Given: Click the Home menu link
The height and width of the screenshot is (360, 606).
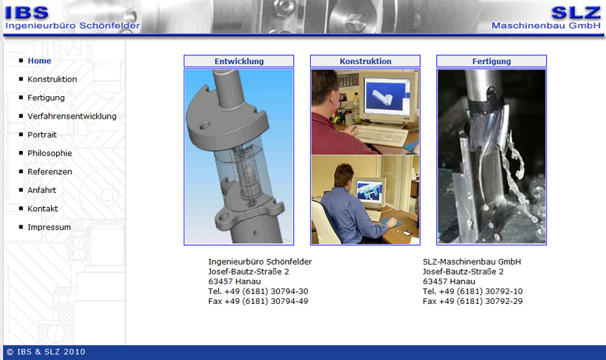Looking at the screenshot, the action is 39,61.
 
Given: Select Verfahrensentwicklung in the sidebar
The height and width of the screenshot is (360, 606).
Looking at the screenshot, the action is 72,116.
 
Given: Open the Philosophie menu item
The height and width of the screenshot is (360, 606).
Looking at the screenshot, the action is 50,153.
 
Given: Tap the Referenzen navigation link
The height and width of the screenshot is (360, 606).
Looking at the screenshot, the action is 50,172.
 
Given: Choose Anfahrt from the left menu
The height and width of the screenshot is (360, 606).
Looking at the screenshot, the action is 42,190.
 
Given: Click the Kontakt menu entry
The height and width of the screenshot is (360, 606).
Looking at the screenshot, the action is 43,209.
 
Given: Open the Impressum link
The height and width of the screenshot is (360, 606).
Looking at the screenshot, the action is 49,227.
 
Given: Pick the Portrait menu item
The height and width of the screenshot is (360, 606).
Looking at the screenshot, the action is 42,135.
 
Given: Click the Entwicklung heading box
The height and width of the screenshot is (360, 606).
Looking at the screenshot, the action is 239,61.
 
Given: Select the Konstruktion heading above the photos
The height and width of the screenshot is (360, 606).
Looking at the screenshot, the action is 365,61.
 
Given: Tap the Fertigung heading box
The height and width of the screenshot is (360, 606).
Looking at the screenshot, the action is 492,61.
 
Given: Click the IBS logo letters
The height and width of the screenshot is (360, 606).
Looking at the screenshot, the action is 27,13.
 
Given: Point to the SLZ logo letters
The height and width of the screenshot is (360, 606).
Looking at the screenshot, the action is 576,13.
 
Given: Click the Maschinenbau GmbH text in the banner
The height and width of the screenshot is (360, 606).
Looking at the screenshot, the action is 546,25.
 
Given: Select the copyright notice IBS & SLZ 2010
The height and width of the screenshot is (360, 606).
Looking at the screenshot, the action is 46,352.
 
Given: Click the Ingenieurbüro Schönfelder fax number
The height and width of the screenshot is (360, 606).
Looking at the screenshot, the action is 258,301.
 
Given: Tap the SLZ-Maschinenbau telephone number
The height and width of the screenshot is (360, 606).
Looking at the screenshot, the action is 473,291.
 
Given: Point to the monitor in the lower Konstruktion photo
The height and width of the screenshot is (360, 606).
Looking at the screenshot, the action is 370,192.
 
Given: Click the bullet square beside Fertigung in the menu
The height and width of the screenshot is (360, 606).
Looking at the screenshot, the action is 21,98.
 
